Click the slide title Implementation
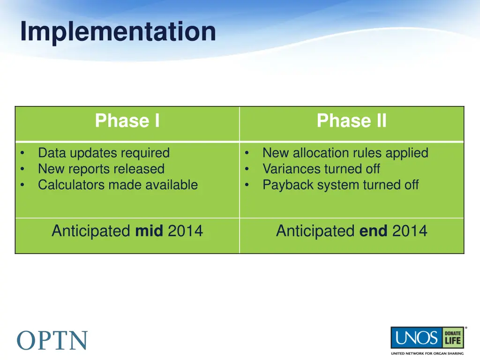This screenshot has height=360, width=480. click(x=118, y=31)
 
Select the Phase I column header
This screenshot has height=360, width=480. click(x=127, y=120)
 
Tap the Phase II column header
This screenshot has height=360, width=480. click(x=352, y=120)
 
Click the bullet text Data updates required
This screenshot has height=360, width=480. click(x=104, y=153)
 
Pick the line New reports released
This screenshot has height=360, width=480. click(x=101, y=169)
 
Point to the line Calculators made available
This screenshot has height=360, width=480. click(x=118, y=185)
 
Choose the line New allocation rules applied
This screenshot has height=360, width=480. click(x=345, y=153)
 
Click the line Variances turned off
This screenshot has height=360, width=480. click(x=321, y=169)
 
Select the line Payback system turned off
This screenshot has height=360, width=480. click(x=341, y=185)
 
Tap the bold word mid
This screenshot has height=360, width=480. click(x=149, y=231)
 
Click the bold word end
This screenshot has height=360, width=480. click(x=373, y=231)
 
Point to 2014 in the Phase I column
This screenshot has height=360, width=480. click(x=186, y=231)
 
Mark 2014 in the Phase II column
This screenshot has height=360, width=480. click(x=410, y=231)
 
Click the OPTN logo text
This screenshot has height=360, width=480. click(x=52, y=340)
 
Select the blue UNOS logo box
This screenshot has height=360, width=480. click(x=416, y=337)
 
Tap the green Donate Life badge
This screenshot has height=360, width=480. click(x=453, y=337)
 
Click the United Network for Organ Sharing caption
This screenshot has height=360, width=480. click(x=427, y=353)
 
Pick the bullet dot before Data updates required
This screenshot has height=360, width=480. click(x=22, y=152)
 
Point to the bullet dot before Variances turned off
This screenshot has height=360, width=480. click(x=247, y=168)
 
